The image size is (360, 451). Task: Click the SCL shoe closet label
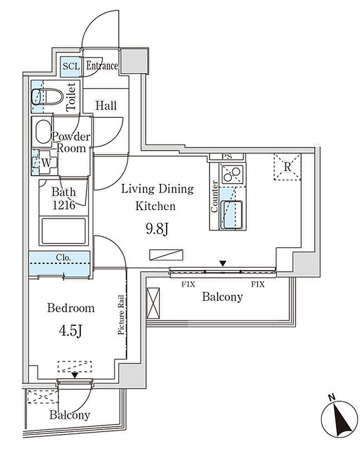pos(71,66)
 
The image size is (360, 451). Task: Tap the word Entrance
pos(102,66)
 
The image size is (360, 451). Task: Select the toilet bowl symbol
pos(47,97)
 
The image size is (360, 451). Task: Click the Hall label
pos(106,106)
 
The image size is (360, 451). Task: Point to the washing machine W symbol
pos(46,163)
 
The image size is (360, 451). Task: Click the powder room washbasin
pos(43,131)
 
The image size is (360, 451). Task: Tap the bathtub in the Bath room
pos(64,231)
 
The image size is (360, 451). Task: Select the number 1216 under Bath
pos(64,205)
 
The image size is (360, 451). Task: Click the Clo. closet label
pos(63,257)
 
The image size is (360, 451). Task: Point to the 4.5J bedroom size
pos(70,332)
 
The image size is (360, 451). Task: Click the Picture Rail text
pos(121,315)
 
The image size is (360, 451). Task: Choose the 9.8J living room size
pos(157,229)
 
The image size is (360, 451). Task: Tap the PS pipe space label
pos(227,157)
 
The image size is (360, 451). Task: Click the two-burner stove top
pos(232,174)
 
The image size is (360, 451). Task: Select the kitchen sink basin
pos(231,215)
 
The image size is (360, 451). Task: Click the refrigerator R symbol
pos(287,167)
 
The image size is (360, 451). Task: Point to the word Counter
pos(214,197)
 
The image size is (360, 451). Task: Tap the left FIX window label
pos(188,285)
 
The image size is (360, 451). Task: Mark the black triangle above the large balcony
pos(223,263)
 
